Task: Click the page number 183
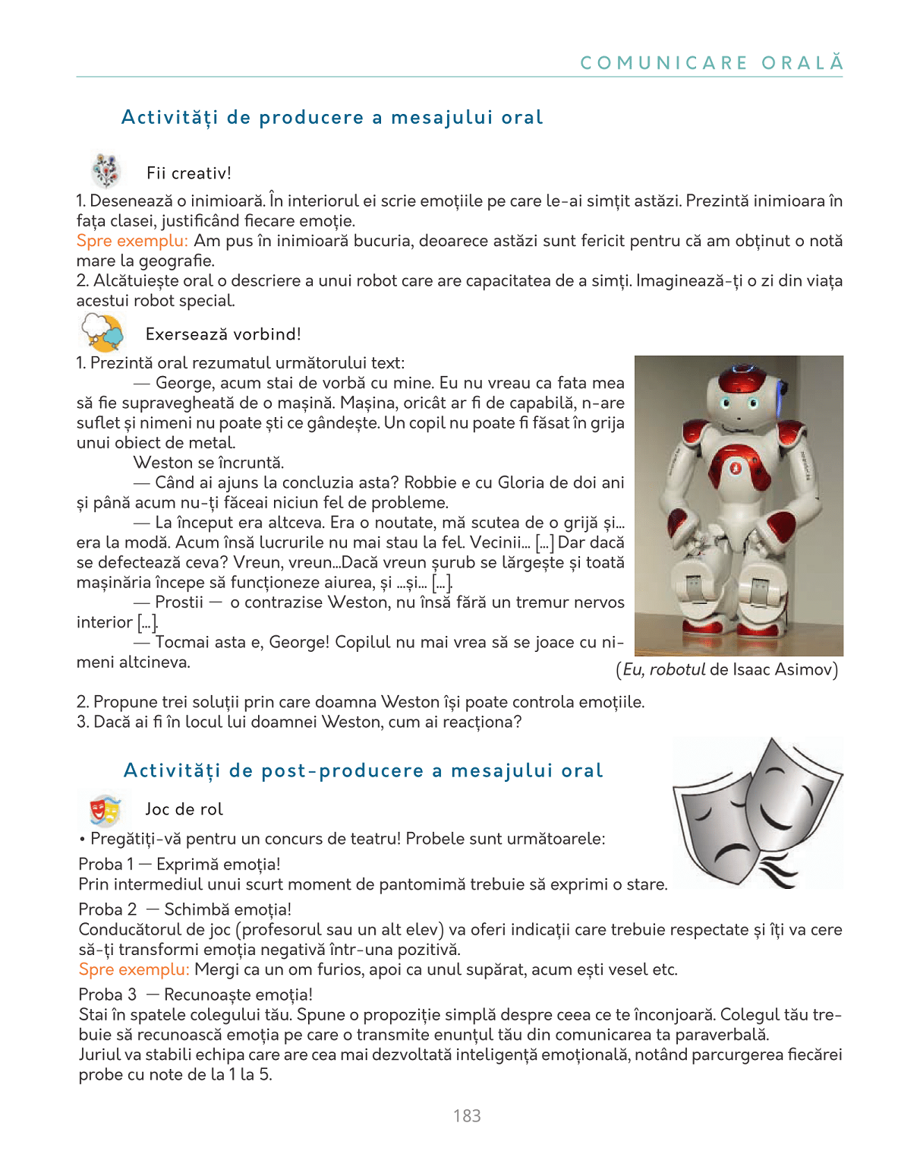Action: [467, 1115]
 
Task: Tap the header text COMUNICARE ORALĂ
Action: [711, 63]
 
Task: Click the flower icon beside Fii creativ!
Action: [106, 170]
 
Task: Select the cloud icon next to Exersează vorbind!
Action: [102, 333]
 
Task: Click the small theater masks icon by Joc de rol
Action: [105, 810]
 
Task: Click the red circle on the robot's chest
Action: [735, 468]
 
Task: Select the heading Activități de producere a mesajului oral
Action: [332, 118]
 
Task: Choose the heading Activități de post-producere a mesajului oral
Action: [363, 770]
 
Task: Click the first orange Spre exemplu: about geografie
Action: [132, 241]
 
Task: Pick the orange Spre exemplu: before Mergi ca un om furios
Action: [134, 969]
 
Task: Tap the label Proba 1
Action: [106, 865]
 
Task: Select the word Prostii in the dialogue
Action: [179, 602]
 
